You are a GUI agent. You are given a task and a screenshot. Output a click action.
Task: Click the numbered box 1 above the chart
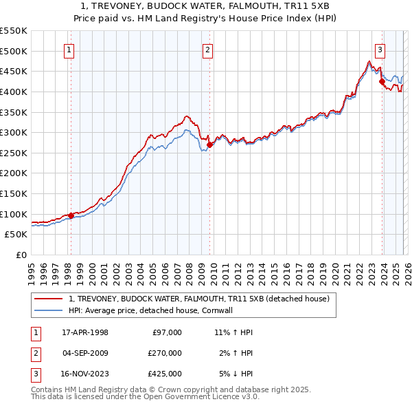coord(70,49)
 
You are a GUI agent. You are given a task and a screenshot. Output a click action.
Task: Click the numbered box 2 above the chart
coord(207,49)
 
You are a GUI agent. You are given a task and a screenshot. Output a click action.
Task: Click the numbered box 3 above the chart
coord(380,49)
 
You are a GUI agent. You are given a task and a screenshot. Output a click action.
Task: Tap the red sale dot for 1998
coord(71,215)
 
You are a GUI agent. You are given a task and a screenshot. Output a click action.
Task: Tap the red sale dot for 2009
coord(209,145)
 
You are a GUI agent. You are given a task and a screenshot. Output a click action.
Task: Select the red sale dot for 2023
coord(382,82)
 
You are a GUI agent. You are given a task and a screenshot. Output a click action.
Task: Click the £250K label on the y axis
coord(14,153)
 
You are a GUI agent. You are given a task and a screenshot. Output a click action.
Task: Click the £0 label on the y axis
coord(21,255)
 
